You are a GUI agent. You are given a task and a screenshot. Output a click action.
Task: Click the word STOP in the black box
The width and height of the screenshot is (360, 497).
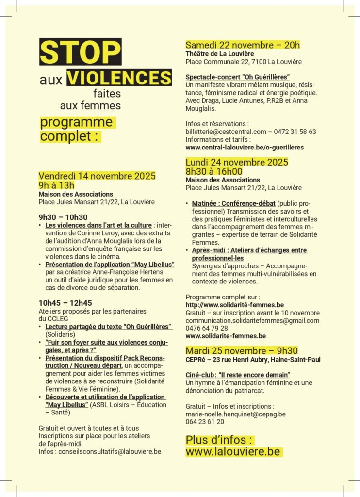tap(80, 52)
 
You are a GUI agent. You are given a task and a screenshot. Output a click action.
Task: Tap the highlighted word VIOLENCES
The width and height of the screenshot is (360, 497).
tap(119, 78)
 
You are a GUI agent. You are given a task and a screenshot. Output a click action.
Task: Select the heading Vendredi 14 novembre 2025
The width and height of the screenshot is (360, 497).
tap(97, 176)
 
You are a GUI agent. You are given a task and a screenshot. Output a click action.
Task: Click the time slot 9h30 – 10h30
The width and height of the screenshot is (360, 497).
tap(63, 217)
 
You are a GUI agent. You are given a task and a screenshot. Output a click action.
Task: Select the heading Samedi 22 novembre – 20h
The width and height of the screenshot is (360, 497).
tap(243, 45)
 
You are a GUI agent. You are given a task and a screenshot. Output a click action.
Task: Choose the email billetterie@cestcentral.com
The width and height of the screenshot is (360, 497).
tap(226, 132)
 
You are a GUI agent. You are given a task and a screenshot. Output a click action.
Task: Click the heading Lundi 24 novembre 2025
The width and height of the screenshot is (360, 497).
tap(237, 162)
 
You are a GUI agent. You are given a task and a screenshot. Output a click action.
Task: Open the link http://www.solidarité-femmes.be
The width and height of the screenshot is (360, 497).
tap(235, 305)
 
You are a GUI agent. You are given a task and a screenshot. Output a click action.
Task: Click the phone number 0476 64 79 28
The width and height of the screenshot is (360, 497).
tap(207, 328)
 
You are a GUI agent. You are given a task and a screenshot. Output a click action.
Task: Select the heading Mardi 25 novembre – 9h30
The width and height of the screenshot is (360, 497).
tap(242, 351)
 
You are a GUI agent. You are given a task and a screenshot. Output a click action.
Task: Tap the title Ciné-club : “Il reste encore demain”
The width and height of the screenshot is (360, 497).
tap(238, 375)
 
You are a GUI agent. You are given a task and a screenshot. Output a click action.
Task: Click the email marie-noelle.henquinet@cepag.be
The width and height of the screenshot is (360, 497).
tap(236, 414)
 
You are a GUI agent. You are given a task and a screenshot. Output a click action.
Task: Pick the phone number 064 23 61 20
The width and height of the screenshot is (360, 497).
tap(205, 422)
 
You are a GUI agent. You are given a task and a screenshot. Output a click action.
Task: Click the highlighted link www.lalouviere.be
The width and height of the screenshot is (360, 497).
tap(233, 452)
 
